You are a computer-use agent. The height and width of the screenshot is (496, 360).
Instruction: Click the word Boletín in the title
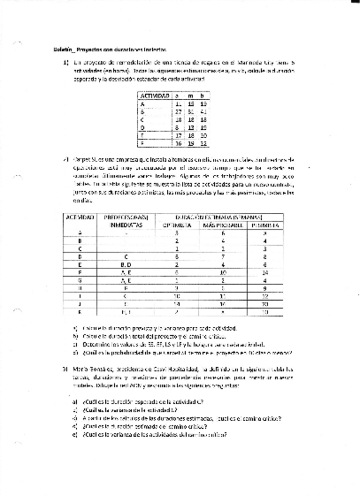[x=61, y=50]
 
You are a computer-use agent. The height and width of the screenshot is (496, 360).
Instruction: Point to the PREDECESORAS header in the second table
[x=127, y=216]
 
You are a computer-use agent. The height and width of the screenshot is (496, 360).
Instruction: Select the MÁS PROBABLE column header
[x=223, y=224]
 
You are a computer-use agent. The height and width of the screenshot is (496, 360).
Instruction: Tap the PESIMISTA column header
[x=265, y=224]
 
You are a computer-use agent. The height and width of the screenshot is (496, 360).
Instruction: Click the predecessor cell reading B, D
[x=127, y=264]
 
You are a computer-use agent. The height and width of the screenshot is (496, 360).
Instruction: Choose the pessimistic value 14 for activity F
[x=265, y=272]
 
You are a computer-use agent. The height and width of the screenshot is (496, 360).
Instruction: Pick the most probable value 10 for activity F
[x=223, y=272]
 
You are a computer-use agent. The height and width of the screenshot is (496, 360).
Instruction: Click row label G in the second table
[x=79, y=280]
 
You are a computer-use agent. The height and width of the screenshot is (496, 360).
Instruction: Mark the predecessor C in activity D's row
[x=127, y=256]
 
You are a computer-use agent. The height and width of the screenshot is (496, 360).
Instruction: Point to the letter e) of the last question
[x=76, y=434]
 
